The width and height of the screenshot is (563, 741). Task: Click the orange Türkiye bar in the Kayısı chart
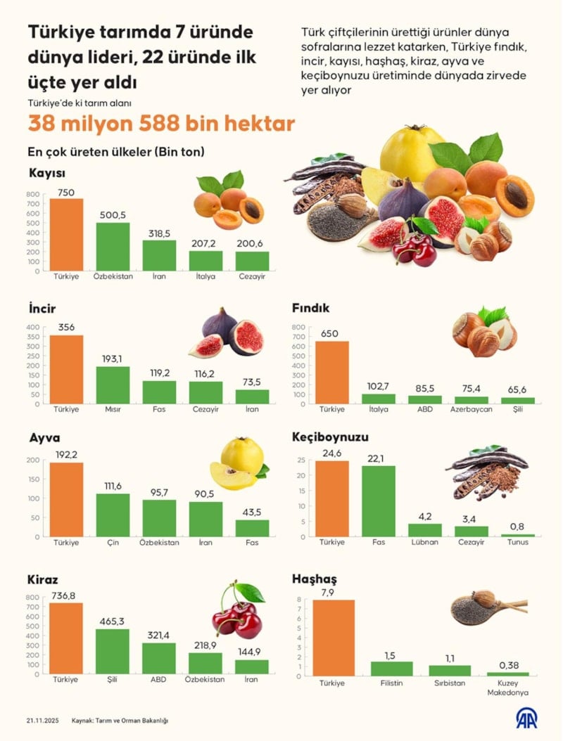66,234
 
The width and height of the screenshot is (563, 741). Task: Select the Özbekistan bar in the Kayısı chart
113,246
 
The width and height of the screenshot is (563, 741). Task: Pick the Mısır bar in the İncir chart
113,385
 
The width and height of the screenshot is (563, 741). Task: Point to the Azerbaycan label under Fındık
472,408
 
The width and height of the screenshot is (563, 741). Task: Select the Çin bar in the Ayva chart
113,515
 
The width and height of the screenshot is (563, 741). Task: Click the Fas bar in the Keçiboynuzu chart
379,501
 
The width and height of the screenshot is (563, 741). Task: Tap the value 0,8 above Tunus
518,526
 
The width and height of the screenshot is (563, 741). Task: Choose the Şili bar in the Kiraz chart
113,651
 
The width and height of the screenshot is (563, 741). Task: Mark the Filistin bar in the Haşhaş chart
392,669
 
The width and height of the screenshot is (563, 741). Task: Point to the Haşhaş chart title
314,579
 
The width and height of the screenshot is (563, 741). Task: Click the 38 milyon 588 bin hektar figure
160,124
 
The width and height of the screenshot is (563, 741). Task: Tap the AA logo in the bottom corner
526,719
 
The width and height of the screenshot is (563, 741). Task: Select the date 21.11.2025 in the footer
43,721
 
